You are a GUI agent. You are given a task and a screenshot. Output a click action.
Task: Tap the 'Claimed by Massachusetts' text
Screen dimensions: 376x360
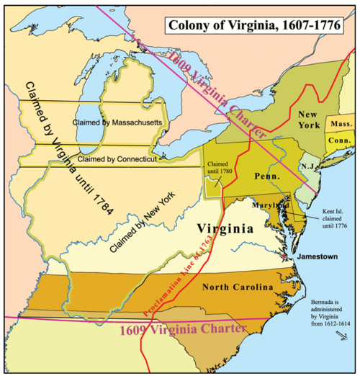click(127, 123)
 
